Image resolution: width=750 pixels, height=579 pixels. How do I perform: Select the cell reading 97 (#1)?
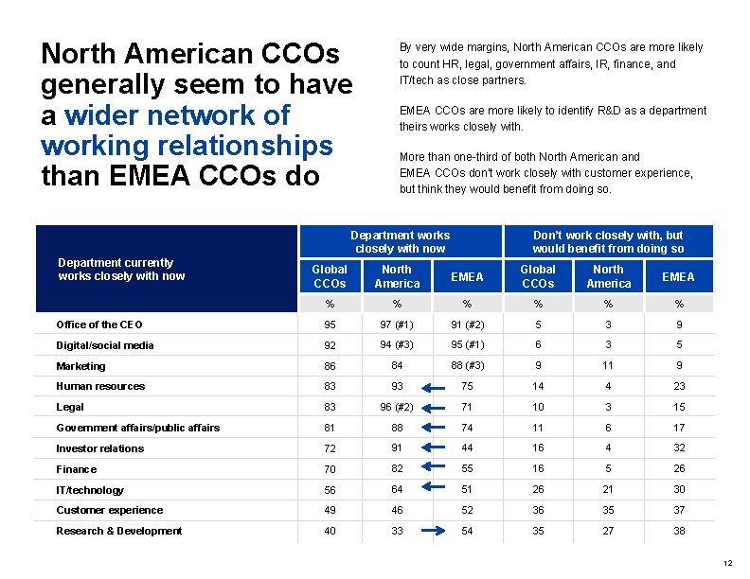tap(397, 325)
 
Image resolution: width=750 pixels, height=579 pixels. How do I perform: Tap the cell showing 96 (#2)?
tap(397, 407)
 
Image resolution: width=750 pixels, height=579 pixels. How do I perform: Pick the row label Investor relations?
tap(100, 448)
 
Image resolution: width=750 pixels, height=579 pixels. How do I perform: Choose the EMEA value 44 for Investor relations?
tap(466, 448)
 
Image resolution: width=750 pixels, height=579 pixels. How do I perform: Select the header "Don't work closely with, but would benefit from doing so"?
tap(608, 242)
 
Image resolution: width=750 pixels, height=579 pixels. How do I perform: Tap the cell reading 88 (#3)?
tap(466, 365)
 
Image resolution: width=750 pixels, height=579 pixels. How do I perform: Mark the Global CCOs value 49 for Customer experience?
tap(330, 511)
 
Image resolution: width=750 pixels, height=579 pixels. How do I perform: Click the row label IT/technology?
tap(90, 490)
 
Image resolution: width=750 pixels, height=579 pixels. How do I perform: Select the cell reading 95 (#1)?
tap(466, 344)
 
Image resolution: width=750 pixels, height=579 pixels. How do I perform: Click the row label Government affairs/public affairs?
tap(138, 428)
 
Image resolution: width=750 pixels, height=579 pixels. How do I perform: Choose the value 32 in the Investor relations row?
tap(678, 448)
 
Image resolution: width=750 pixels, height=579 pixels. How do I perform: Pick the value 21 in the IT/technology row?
tap(608, 490)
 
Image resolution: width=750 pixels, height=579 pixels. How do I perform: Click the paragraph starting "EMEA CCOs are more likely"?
tap(552, 118)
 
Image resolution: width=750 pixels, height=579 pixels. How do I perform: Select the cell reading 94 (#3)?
tap(397, 344)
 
